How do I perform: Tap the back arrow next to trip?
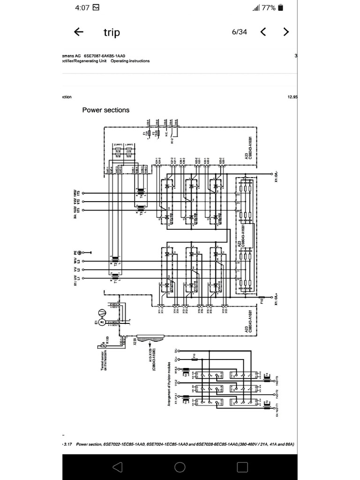[79, 32]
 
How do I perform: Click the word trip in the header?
[112, 32]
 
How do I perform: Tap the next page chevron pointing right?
[286, 32]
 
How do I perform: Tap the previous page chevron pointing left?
[263, 32]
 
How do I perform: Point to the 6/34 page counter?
[239, 32]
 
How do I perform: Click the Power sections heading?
[106, 110]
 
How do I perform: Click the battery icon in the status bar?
[280, 7]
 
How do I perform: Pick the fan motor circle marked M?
[101, 314]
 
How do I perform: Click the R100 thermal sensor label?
[107, 339]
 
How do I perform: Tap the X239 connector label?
[135, 341]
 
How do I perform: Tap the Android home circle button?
[180, 466]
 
